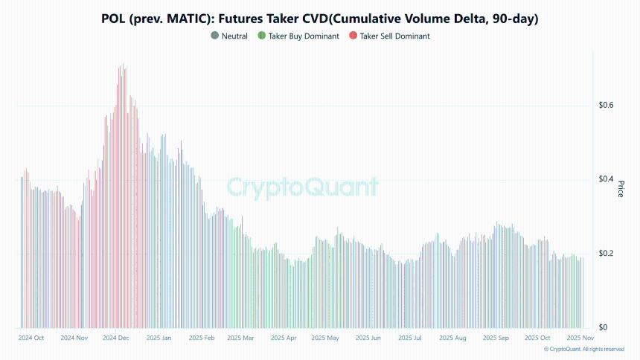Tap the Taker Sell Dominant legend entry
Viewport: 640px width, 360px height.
coord(394,36)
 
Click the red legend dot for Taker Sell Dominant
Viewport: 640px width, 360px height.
coord(353,36)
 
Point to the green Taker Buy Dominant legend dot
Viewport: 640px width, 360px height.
coord(261,36)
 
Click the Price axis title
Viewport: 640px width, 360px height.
coord(621,190)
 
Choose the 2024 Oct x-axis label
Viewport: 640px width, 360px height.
coord(31,338)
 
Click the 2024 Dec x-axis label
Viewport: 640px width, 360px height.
coord(116,338)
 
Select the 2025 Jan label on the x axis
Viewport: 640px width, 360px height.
coord(159,338)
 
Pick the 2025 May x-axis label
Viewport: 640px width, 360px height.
coord(325,338)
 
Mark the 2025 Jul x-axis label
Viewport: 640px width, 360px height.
coord(410,338)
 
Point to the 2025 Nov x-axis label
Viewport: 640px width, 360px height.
coord(579,338)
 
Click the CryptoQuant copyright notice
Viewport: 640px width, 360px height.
coord(584,349)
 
